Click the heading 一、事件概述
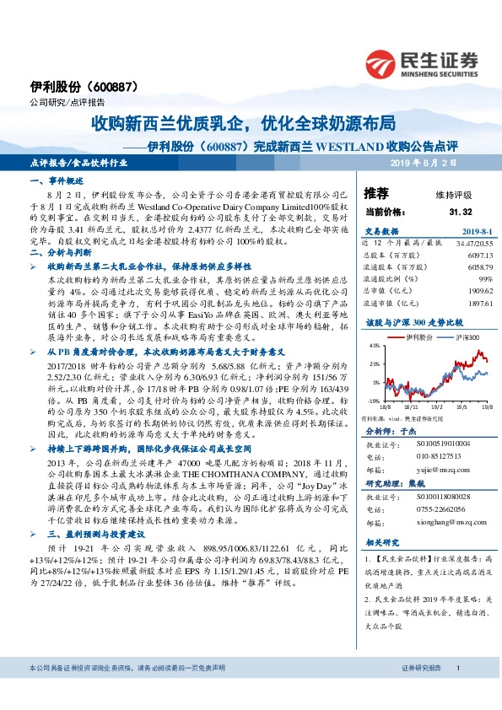pos(55,182)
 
